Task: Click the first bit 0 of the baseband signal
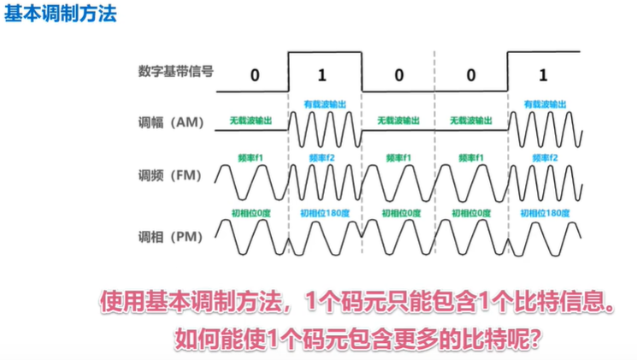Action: click(254, 74)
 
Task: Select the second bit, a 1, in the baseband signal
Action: click(324, 74)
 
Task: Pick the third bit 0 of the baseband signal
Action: click(398, 74)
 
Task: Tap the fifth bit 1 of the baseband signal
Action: click(545, 74)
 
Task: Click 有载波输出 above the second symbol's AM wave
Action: click(326, 103)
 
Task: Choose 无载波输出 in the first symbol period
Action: click(251, 121)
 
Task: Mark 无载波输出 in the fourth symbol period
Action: click(472, 121)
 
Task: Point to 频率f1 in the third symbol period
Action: click(398, 158)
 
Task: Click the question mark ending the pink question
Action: click(531, 338)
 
